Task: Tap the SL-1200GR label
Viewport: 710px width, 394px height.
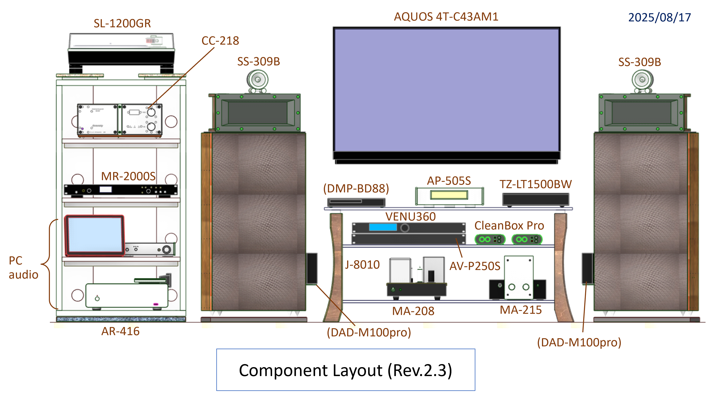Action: pyautogui.click(x=122, y=23)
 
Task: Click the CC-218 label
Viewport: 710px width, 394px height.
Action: pyautogui.click(x=220, y=41)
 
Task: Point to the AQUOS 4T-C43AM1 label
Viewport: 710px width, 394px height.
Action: pyautogui.click(x=446, y=17)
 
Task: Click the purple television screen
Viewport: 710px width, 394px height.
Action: pyautogui.click(x=446, y=90)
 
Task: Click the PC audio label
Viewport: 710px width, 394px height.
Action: pyautogui.click(x=23, y=267)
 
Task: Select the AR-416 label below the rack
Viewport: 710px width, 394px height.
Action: pyautogui.click(x=120, y=331)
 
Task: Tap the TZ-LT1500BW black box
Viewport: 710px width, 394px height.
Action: pyautogui.click(x=535, y=199)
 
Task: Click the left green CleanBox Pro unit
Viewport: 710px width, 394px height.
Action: pyautogui.click(x=490, y=239)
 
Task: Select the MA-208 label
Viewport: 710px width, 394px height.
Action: pyautogui.click(x=413, y=311)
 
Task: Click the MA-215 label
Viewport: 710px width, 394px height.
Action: pyautogui.click(x=521, y=310)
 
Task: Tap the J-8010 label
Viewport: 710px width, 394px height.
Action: pyautogui.click(x=362, y=265)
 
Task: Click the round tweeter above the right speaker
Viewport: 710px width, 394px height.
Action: pyautogui.click(x=642, y=80)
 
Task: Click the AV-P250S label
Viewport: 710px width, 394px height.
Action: pyautogui.click(x=475, y=266)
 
